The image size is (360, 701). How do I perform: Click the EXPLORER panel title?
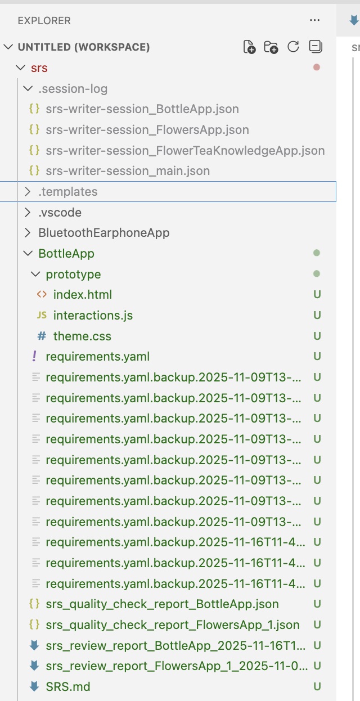44,21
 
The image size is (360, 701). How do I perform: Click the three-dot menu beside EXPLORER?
314,20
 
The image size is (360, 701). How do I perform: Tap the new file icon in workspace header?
249,47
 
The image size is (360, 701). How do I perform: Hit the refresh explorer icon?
293,47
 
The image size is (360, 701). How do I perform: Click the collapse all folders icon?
316,47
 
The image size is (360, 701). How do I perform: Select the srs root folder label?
39,68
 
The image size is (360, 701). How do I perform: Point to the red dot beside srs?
317,68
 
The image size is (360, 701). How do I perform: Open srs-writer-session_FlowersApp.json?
147,129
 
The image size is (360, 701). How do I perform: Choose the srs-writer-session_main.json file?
128,171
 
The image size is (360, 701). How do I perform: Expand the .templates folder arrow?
28,191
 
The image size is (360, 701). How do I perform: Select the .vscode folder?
60,213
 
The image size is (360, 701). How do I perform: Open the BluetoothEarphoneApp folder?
104,233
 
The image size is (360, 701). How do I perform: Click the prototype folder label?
73,275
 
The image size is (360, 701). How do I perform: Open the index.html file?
83,294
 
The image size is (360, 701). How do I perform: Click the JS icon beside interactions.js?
42,315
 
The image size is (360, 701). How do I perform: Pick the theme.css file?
82,336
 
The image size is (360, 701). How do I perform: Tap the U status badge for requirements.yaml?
317,357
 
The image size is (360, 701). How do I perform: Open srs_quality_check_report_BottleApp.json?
162,604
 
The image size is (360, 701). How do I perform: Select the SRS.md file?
68,686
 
